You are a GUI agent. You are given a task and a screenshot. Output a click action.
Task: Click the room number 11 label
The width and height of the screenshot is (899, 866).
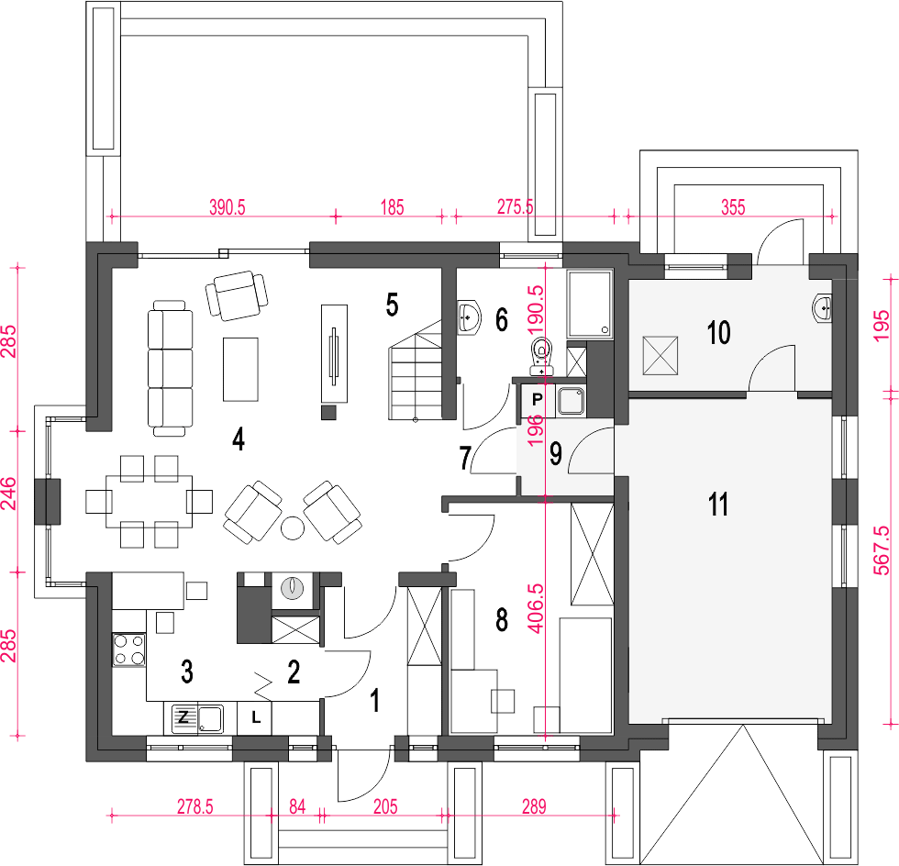(718, 505)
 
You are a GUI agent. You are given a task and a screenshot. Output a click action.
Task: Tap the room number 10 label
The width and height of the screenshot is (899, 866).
(719, 333)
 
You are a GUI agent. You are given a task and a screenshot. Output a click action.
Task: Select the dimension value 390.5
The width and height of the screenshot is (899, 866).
(228, 207)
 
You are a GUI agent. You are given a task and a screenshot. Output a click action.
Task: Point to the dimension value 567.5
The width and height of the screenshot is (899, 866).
(882, 550)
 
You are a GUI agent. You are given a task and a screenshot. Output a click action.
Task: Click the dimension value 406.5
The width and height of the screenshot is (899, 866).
(536, 608)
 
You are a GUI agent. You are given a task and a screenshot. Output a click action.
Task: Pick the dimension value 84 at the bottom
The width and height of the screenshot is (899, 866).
(297, 807)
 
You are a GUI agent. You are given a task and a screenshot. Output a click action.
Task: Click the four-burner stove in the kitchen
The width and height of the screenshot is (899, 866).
(129, 649)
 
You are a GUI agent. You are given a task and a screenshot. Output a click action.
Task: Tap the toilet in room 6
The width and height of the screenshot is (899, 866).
(542, 356)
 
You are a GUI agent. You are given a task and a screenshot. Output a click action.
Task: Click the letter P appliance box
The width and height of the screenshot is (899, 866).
(537, 400)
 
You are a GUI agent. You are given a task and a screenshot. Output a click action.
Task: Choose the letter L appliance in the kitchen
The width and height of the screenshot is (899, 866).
(256, 716)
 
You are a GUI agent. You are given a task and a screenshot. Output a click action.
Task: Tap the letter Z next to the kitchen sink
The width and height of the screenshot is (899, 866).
(183, 716)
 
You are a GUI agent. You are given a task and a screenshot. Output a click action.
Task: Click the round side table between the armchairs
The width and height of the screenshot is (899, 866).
(293, 527)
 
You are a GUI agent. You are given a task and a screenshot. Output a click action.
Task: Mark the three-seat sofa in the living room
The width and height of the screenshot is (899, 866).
(171, 368)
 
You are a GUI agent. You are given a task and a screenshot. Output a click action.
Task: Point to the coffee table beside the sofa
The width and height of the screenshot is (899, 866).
(240, 370)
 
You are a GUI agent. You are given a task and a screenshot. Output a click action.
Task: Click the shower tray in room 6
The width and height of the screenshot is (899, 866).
(589, 304)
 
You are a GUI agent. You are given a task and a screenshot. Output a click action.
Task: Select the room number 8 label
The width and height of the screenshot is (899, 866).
(502, 619)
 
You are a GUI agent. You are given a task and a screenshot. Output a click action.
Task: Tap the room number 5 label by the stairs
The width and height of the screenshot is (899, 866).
(393, 305)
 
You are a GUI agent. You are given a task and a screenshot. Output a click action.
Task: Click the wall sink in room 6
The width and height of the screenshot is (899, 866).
(470, 316)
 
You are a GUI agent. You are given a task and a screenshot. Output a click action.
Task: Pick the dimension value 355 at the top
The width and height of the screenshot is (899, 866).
(733, 207)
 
